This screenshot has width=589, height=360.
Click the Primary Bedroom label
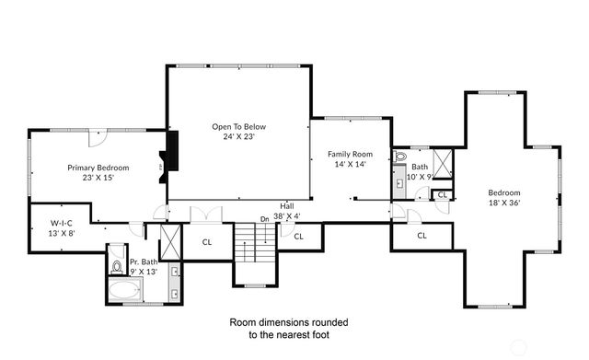(x=98, y=168)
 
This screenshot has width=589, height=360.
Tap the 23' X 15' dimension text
(x=98, y=178)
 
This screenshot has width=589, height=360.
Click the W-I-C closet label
(x=62, y=222)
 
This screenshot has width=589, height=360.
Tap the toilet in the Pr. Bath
(x=116, y=267)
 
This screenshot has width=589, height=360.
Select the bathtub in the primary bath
(x=123, y=293)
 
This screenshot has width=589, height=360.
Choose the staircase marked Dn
(x=255, y=251)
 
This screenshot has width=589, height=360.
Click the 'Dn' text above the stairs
(x=264, y=218)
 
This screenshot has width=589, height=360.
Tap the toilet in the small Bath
(x=400, y=157)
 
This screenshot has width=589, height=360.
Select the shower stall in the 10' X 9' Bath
(x=443, y=162)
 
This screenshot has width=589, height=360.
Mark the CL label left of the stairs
(x=207, y=242)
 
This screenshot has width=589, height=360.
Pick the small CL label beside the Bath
(x=442, y=194)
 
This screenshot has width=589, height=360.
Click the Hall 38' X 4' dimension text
(x=287, y=216)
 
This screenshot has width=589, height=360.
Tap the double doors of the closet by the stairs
(x=206, y=215)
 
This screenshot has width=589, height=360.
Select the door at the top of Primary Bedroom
(x=98, y=138)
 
